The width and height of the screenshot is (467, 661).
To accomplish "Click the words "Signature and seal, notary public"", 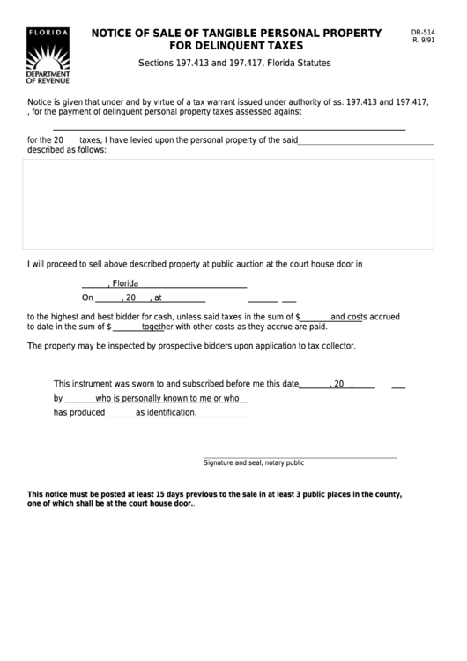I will [253, 462].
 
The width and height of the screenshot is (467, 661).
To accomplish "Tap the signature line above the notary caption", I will [300, 457].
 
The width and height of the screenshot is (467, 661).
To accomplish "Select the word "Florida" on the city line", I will [125, 284].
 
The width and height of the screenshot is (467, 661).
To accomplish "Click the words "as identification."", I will [166, 412].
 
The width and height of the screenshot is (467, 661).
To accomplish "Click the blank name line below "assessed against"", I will [229, 129].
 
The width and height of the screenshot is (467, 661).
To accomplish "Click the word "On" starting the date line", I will [87, 298].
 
